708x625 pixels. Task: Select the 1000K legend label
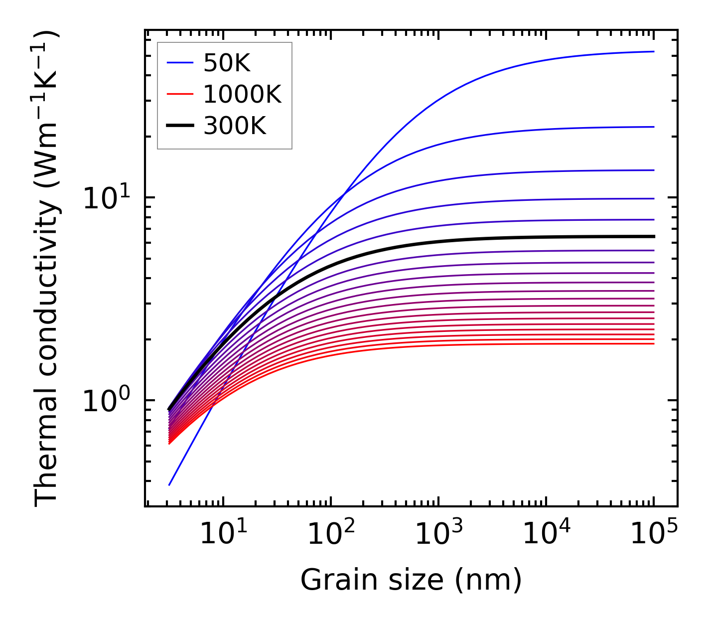(242, 94)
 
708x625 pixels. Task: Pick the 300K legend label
(235, 126)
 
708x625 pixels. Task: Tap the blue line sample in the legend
(179, 63)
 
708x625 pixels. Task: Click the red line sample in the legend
(179, 94)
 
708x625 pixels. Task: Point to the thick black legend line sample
(179, 126)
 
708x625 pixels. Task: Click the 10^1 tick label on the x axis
(223, 534)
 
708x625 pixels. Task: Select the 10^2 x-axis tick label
(331, 534)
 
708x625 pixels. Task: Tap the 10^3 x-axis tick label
(438, 534)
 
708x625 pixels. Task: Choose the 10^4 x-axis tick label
(546, 534)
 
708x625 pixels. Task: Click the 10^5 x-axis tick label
(654, 534)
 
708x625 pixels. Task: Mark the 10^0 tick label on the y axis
(106, 401)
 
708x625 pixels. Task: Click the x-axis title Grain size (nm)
(411, 580)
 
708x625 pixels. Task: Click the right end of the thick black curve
(653, 236)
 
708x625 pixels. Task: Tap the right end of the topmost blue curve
(653, 51)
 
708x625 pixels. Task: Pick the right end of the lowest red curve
(653, 343)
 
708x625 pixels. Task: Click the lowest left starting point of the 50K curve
(170, 484)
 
